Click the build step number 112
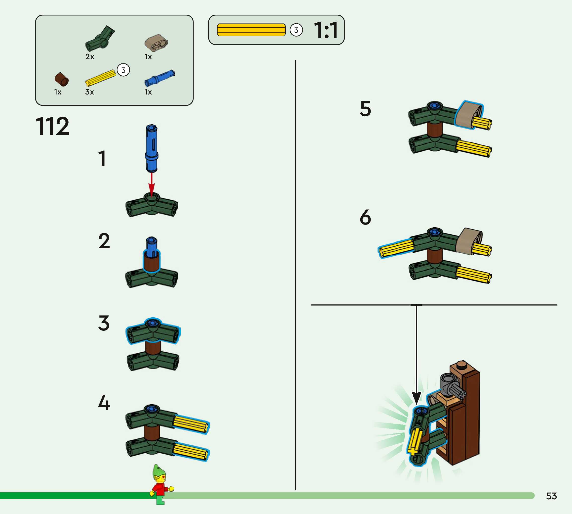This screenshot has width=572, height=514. coord(52,126)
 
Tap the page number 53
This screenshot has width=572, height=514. coord(551,496)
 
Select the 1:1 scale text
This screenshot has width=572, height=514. coord(326,30)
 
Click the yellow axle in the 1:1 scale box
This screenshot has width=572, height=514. coord(251,30)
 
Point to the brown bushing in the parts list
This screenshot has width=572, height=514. coord(62,79)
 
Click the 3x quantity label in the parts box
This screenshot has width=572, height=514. coord(89,92)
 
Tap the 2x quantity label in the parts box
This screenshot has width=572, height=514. coord(90,57)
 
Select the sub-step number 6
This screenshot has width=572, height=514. coord(365,217)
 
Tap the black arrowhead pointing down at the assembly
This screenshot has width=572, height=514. coord(416,398)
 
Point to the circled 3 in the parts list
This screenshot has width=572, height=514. coord(123,70)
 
